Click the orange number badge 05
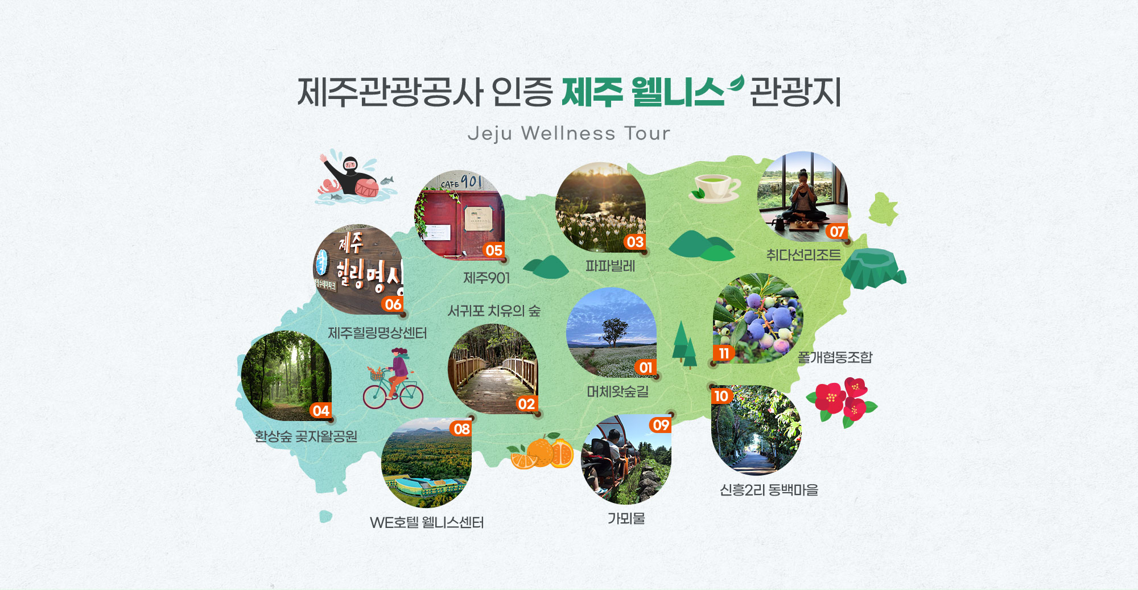[x=494, y=250]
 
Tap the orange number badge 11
[x=724, y=353]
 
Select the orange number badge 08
[x=461, y=428]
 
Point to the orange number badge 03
[x=634, y=242]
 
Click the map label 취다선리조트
[x=803, y=255]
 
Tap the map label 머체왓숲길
[x=618, y=391]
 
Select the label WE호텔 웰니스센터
[x=427, y=522]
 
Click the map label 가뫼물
[x=626, y=518]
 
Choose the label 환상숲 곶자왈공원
[x=306, y=436]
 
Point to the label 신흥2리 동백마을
[x=769, y=490]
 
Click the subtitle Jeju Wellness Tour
[x=569, y=133]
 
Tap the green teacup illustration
[x=715, y=188]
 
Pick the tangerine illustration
[x=541, y=452]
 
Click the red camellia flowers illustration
[x=842, y=402]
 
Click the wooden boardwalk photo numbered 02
[x=493, y=369]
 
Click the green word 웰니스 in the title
[x=678, y=92]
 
